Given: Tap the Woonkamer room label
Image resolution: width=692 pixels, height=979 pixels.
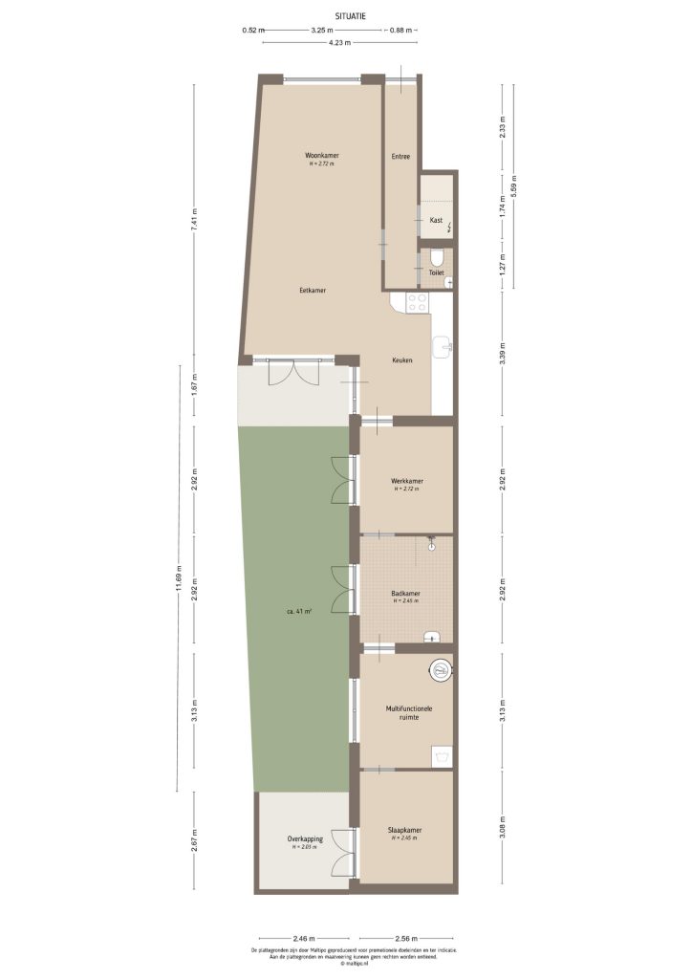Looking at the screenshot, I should pos(322,155).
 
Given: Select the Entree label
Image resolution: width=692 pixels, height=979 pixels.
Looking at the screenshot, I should pos(400,156).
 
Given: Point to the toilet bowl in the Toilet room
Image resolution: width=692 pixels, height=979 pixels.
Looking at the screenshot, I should pos(437,257).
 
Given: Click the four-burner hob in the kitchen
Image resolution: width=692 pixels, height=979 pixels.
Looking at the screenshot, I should pos(418,303).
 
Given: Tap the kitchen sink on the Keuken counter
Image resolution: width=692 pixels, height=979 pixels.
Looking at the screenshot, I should pos(443,345).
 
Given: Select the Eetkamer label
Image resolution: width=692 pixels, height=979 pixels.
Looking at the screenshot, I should pos(313,290).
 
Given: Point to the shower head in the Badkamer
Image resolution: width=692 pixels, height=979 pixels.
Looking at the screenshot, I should pos(432,548).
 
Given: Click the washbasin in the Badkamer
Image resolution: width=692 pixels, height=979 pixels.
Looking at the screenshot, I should pos(436,635).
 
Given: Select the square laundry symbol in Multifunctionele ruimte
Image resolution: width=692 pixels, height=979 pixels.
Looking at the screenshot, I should pos(441,755).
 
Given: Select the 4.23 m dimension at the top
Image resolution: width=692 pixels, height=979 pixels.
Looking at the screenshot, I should pos(339,43).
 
